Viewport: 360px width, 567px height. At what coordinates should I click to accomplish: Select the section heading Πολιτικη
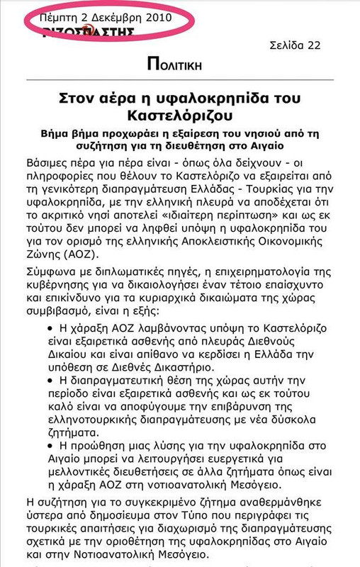point(174,64)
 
